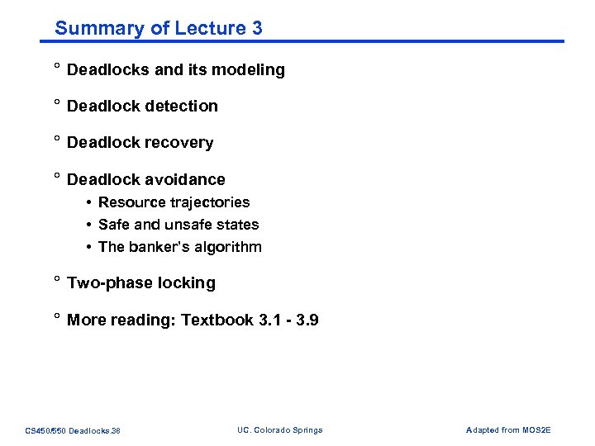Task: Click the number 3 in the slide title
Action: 257,28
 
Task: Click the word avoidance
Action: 186,180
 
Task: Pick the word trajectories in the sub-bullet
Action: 211,202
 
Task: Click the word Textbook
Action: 217,320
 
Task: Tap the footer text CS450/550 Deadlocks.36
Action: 73,430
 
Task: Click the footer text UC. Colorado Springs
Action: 279,429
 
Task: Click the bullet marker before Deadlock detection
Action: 57,104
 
